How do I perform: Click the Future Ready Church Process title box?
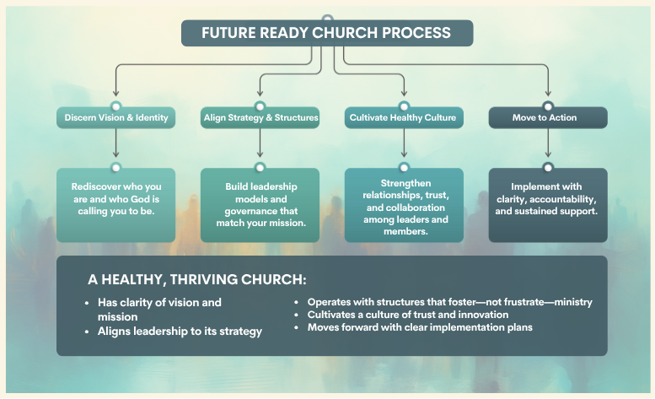click(x=327, y=33)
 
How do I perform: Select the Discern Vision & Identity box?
click(x=115, y=118)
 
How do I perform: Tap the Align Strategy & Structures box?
click(x=260, y=118)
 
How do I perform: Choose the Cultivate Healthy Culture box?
click(x=404, y=118)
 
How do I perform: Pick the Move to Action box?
click(x=548, y=118)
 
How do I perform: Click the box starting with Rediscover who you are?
click(x=115, y=205)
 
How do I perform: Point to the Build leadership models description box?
click(x=260, y=205)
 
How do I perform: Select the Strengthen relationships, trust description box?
click(x=404, y=205)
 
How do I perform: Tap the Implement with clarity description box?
click(x=548, y=205)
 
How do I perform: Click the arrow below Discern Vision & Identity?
click(x=115, y=143)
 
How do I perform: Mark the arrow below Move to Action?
click(x=548, y=143)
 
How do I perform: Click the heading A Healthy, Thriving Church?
click(x=196, y=279)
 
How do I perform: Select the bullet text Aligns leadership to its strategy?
click(x=180, y=332)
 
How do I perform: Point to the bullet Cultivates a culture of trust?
click(x=408, y=315)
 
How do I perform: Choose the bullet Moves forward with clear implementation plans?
click(x=420, y=327)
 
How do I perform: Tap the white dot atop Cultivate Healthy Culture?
click(x=404, y=106)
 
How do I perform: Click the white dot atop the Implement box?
click(x=548, y=168)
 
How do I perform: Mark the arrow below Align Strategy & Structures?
click(x=260, y=143)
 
